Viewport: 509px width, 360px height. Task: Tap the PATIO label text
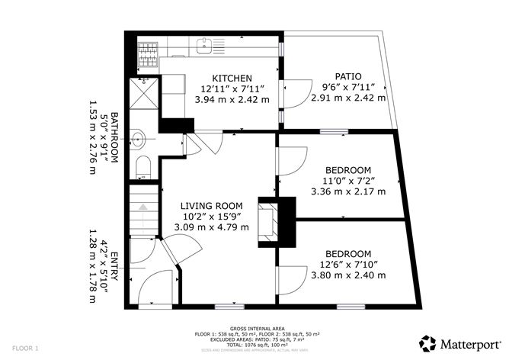[347, 76]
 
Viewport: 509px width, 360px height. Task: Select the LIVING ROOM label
[211, 206]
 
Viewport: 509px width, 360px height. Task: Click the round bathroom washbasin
[139, 139]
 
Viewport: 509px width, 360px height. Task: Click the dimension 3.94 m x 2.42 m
[232, 99]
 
